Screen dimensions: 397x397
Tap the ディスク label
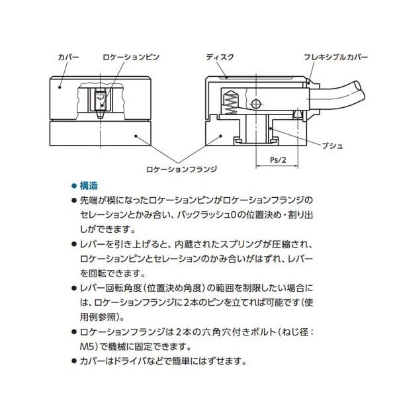pyautogui.click(x=219, y=58)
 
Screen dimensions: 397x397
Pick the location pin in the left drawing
pyautogui.click(x=101, y=103)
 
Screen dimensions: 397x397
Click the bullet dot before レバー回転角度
pyautogui.click(x=73, y=288)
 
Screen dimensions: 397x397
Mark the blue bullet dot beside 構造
pyautogui.click(x=73, y=186)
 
